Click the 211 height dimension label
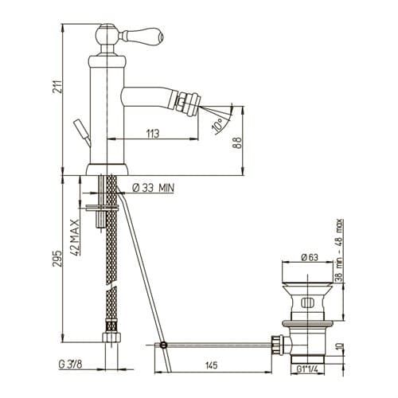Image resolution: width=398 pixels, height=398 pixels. [x=57, y=86]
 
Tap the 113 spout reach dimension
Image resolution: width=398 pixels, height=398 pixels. [x=153, y=134]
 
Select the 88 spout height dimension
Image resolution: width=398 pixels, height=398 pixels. [x=238, y=142]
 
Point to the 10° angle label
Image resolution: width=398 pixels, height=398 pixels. [x=217, y=125]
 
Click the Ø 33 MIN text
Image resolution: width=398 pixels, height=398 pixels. [x=154, y=188]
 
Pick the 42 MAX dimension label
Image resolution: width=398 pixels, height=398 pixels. [x=76, y=237]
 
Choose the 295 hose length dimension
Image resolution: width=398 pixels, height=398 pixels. [x=57, y=258]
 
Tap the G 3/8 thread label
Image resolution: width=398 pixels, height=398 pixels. [x=70, y=365]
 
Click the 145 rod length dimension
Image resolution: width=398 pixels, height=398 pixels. [x=212, y=365]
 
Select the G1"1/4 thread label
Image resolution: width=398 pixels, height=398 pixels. [x=307, y=369]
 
